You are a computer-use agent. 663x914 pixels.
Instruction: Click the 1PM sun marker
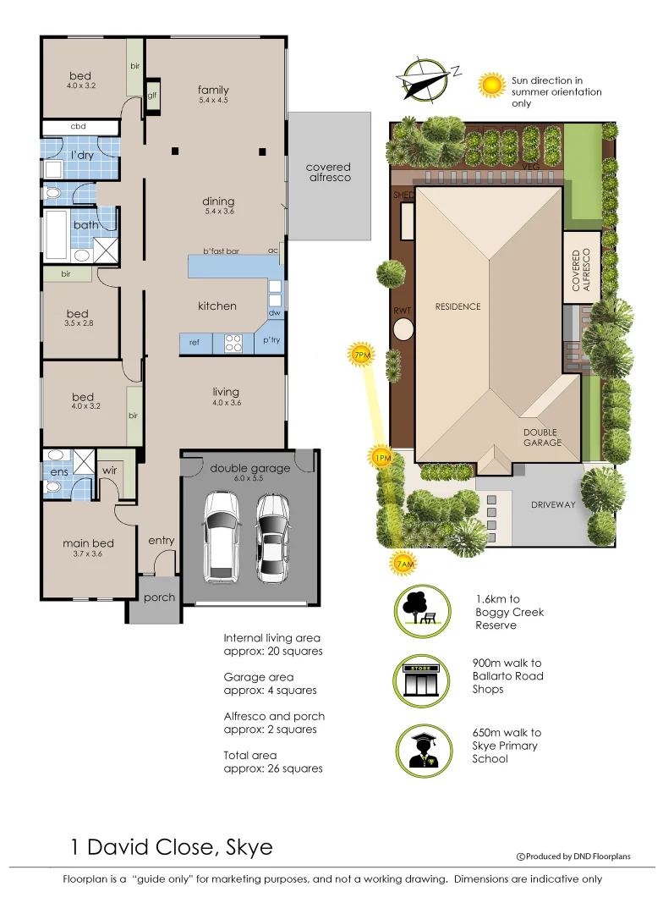pos(381,457)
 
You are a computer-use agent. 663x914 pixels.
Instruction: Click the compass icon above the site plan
pos(425,78)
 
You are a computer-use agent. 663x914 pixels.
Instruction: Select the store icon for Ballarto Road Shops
pos(420,680)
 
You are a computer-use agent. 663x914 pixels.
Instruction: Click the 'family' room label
pos(213,90)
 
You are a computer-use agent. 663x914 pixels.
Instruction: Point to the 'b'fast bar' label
pos(222,251)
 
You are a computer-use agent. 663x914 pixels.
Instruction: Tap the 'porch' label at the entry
pos(159,597)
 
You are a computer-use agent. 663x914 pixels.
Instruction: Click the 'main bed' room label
pos(88,543)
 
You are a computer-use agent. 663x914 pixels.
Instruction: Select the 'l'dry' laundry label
pos(82,155)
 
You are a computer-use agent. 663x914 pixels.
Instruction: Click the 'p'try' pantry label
pos(271,341)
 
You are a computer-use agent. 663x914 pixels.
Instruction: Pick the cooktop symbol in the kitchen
pos(233,343)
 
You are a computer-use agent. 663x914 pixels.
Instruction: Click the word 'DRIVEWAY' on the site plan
pos(552,505)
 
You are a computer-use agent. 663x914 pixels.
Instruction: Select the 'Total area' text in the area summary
pos(252,755)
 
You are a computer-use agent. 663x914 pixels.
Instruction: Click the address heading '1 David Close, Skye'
pos(171,847)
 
